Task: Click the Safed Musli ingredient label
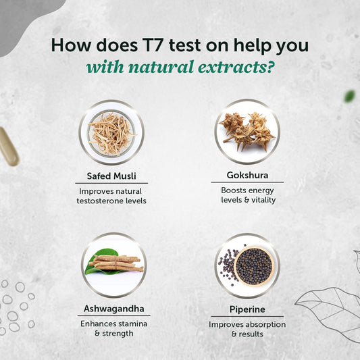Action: pyautogui.click(x=112, y=176)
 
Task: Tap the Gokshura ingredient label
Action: pyautogui.click(x=247, y=176)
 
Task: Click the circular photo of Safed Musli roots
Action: pyautogui.click(x=112, y=132)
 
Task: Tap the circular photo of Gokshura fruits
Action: pyautogui.click(x=247, y=132)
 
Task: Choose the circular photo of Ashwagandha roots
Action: pyautogui.click(x=113, y=265)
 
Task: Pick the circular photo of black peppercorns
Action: pyautogui.click(x=247, y=265)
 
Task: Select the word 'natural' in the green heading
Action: pyautogui.click(x=168, y=68)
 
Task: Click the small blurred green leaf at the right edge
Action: pyautogui.click(x=349, y=96)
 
